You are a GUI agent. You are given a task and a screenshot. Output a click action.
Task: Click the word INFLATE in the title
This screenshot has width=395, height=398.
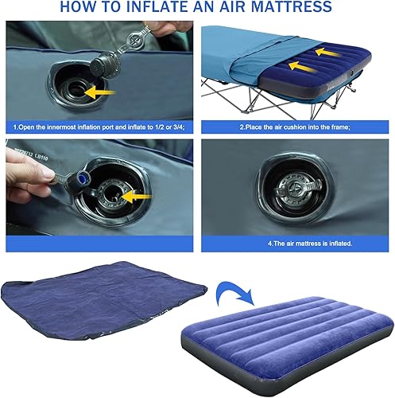pyautogui.click(x=165, y=9)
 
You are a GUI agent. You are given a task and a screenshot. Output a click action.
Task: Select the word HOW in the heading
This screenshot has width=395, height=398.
pyautogui.click(x=77, y=9)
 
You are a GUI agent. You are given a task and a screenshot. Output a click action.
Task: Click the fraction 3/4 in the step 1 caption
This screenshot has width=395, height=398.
pyautogui.click(x=177, y=127)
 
